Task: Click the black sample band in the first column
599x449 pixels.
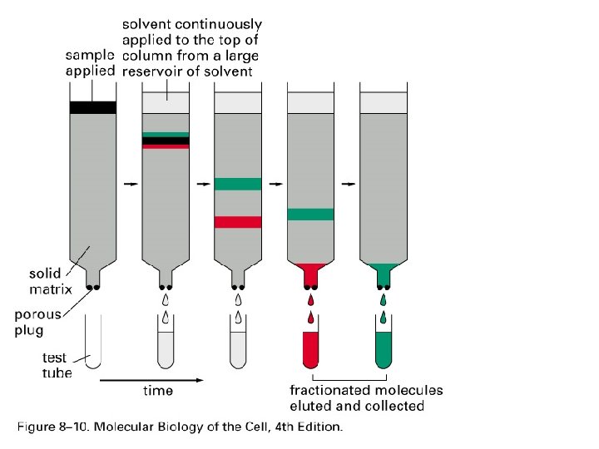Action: coord(92,107)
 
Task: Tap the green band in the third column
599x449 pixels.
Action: coord(237,184)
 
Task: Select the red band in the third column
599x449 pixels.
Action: coord(237,222)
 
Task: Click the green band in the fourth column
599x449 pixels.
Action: coord(310,215)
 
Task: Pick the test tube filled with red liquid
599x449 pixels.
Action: coord(310,350)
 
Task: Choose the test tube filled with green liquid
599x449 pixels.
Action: coord(383,350)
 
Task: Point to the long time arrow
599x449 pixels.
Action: coord(151,379)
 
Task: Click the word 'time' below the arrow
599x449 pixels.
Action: coord(156,391)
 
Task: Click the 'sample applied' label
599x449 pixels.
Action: coord(91,62)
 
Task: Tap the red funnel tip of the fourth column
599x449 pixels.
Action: coord(310,271)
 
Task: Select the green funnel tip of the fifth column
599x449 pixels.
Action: coord(383,269)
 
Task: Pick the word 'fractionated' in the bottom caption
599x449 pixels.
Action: coord(329,391)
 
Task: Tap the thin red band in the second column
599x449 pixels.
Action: coord(166,147)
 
